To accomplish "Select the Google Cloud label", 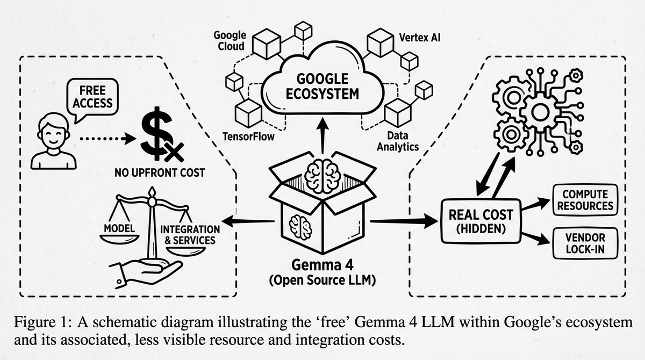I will [x=230, y=40].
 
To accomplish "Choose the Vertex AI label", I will [x=420, y=38].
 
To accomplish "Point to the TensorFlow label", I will [x=248, y=136].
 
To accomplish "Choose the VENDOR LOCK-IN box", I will [x=585, y=243].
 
